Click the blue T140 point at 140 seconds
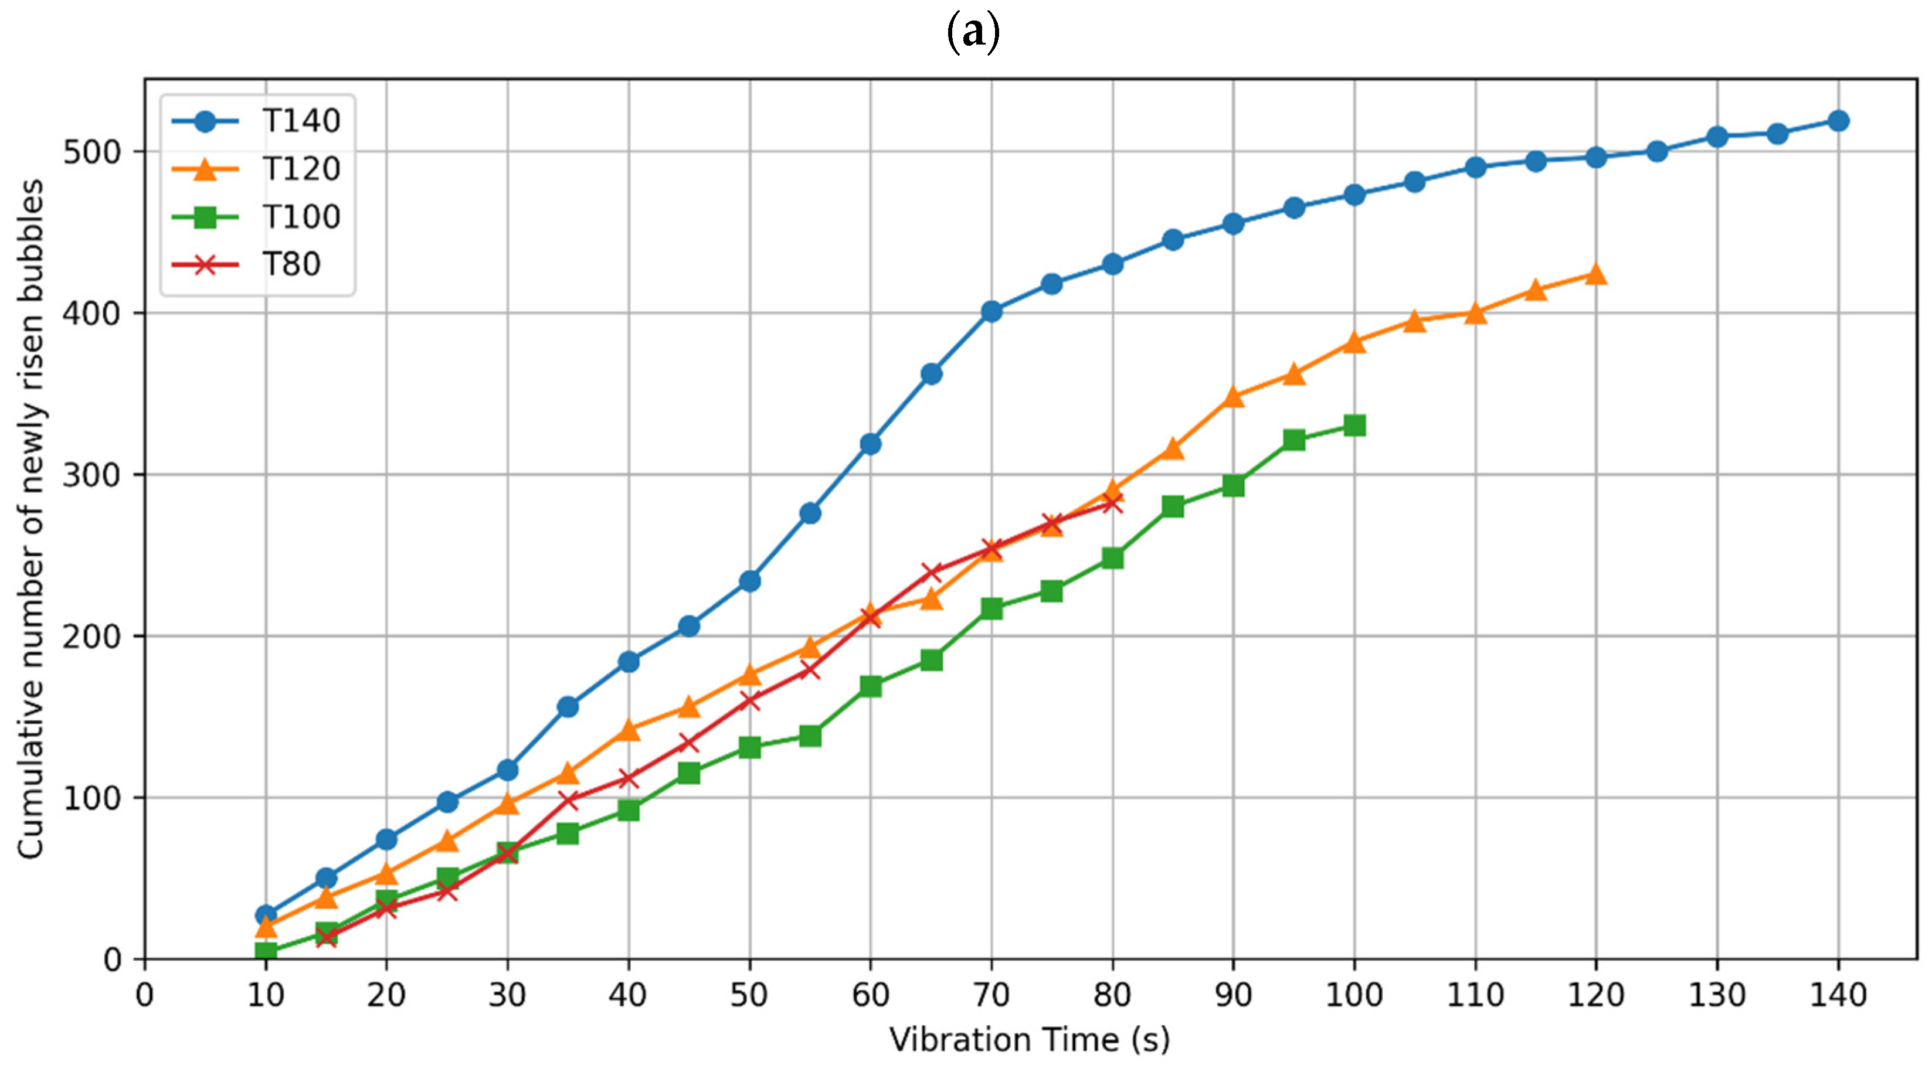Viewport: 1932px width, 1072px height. (1838, 121)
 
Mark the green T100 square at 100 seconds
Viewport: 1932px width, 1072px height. (1354, 426)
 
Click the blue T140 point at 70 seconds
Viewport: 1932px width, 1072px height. (992, 311)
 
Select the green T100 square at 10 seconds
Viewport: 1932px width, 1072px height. (266, 951)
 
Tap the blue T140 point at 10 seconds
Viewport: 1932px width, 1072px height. (266, 916)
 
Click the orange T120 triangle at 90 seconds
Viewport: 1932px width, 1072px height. (1233, 397)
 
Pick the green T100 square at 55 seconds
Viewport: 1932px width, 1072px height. (810, 736)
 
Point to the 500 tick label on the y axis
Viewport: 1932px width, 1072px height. (91, 152)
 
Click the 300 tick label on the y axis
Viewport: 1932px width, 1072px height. (91, 475)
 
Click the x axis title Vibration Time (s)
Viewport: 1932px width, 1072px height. (1029, 1040)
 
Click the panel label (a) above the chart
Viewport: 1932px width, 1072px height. (973, 33)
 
